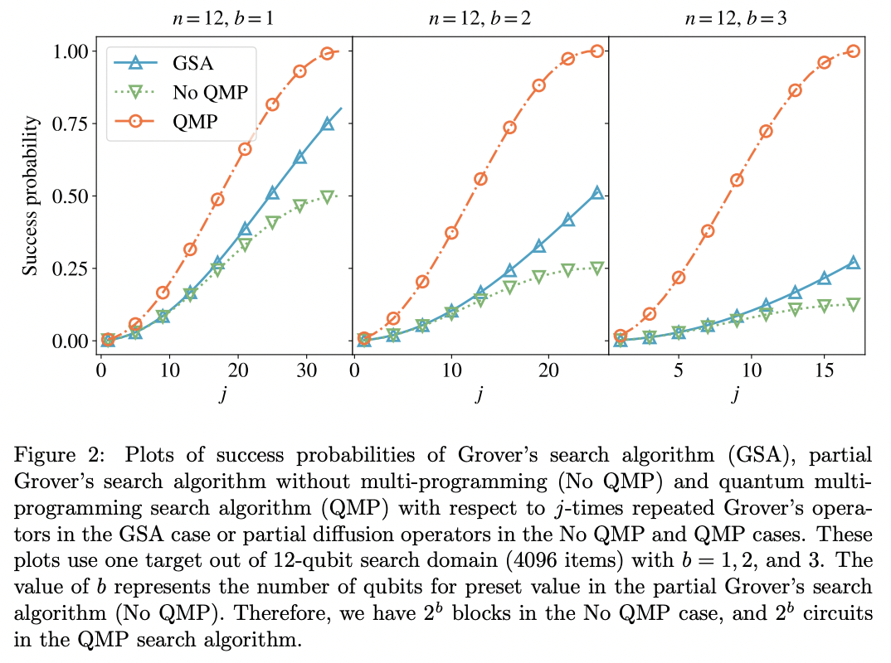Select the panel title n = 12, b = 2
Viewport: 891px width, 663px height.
480,17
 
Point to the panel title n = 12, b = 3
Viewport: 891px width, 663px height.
737,17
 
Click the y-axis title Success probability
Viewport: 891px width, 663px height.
30,196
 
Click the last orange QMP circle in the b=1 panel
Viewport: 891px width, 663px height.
327,53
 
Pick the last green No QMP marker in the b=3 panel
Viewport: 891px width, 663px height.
853,304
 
